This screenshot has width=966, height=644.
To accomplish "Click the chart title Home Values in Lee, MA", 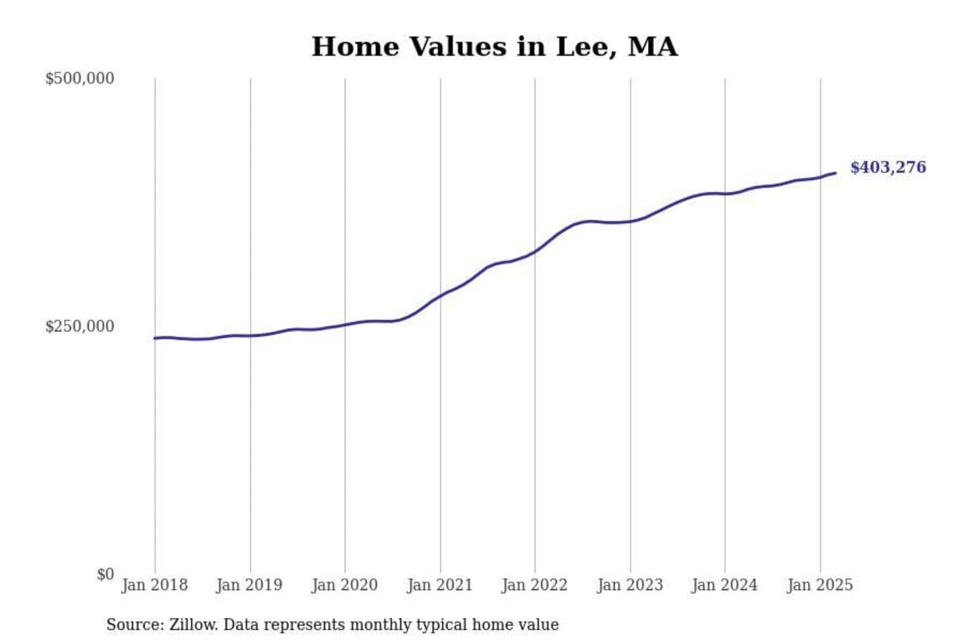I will click(494, 47).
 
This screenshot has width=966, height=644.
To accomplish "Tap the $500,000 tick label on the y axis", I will click(79, 78).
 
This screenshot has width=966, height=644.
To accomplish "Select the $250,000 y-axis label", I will click(79, 327).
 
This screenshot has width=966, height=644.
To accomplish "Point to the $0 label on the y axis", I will click(105, 574).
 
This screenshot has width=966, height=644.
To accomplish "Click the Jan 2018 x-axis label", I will click(154, 585).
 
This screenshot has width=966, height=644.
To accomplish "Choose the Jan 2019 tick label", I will click(249, 585).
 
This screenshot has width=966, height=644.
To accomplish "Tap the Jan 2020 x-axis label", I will click(344, 585).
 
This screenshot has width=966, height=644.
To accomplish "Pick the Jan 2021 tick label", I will click(439, 585).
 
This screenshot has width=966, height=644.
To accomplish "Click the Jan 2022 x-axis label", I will click(534, 585).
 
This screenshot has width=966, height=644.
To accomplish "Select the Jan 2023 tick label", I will click(629, 585).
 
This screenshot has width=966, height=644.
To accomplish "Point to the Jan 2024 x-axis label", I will click(724, 585).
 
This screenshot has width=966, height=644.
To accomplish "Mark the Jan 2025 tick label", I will click(819, 585).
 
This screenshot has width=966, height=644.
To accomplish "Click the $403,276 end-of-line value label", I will click(888, 168).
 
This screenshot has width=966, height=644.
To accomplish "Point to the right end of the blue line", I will click(835, 173).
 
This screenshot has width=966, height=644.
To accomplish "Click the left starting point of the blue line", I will click(155, 338).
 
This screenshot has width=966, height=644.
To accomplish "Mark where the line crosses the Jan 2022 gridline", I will click(535, 252).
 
